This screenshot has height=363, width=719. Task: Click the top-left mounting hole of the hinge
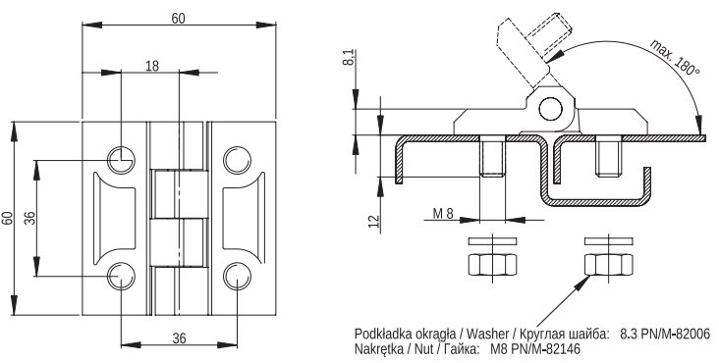[x=121, y=160]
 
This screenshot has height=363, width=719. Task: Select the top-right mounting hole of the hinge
[x=237, y=160]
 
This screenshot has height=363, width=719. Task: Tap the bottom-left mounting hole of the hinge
[x=121, y=277]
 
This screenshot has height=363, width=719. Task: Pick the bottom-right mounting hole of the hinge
[x=237, y=277]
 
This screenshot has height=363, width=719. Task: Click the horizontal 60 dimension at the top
[x=179, y=19]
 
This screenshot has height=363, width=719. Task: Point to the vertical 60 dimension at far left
[x=7, y=218]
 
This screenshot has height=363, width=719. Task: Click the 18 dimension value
[x=152, y=66]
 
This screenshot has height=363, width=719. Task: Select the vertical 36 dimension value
[x=29, y=218]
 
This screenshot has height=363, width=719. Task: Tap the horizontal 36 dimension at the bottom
[x=180, y=337]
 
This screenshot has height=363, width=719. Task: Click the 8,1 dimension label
[x=349, y=57]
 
